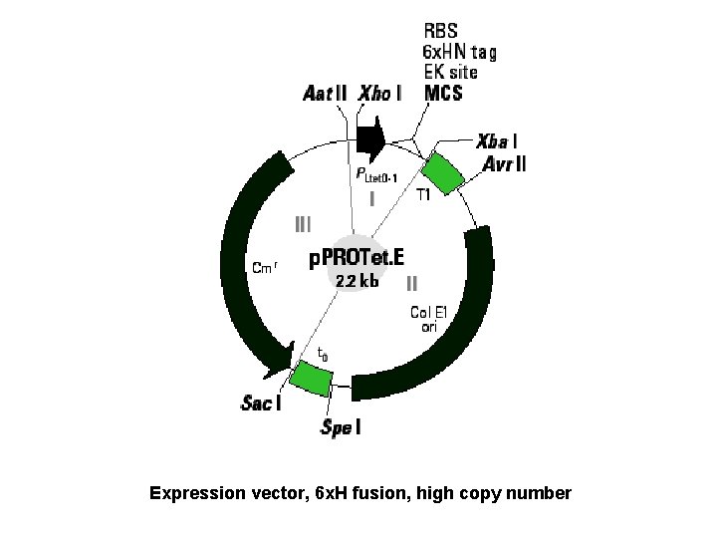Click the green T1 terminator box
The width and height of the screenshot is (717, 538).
445,173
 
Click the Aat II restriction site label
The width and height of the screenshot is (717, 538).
325,94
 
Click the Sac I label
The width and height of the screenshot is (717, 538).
261,403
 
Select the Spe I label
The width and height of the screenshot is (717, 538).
340,428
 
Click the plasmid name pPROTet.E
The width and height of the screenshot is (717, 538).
357,258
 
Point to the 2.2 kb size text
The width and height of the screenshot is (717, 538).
357,281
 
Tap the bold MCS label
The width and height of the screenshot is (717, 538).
443,94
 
